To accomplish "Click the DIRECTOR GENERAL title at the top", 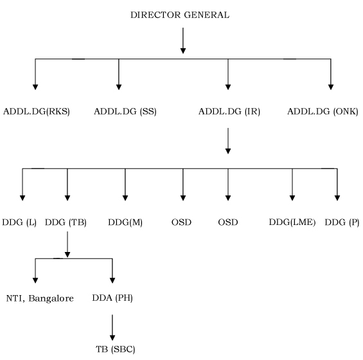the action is [180, 15].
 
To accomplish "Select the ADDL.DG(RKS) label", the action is [37, 112].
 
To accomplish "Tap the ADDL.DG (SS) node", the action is [125, 112].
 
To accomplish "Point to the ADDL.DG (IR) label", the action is [229, 112].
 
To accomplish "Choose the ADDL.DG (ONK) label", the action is [323, 112].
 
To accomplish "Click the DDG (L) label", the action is [19, 222].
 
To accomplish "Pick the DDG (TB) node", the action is [66, 222].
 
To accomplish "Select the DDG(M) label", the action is [125, 222].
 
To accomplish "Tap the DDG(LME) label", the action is [292, 222].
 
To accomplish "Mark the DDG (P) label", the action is [342, 222].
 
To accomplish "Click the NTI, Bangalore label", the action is [40, 298].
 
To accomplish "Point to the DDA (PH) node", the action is [112, 298].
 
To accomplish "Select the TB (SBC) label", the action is [115, 349].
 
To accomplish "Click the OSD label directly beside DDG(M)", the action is [181, 222].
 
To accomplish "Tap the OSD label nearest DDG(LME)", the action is [228, 222].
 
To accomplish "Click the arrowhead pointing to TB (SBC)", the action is [112, 337].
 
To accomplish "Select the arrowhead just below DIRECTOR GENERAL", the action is [183, 51].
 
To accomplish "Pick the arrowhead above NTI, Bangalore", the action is [35, 280].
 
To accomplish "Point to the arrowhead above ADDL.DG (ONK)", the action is [331, 87].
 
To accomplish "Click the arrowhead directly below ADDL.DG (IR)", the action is [228, 151].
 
